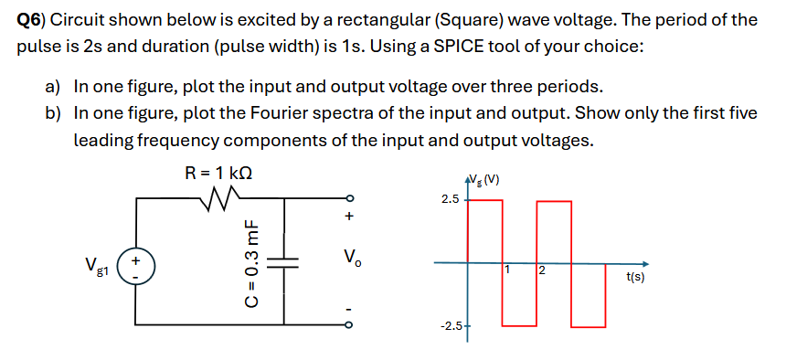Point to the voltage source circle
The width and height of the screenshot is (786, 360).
tap(137, 262)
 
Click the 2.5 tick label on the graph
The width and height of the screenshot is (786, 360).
tap(450, 197)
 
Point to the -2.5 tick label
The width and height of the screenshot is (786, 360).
tap(451, 325)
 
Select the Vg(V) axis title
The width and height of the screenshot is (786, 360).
tap(486, 178)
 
